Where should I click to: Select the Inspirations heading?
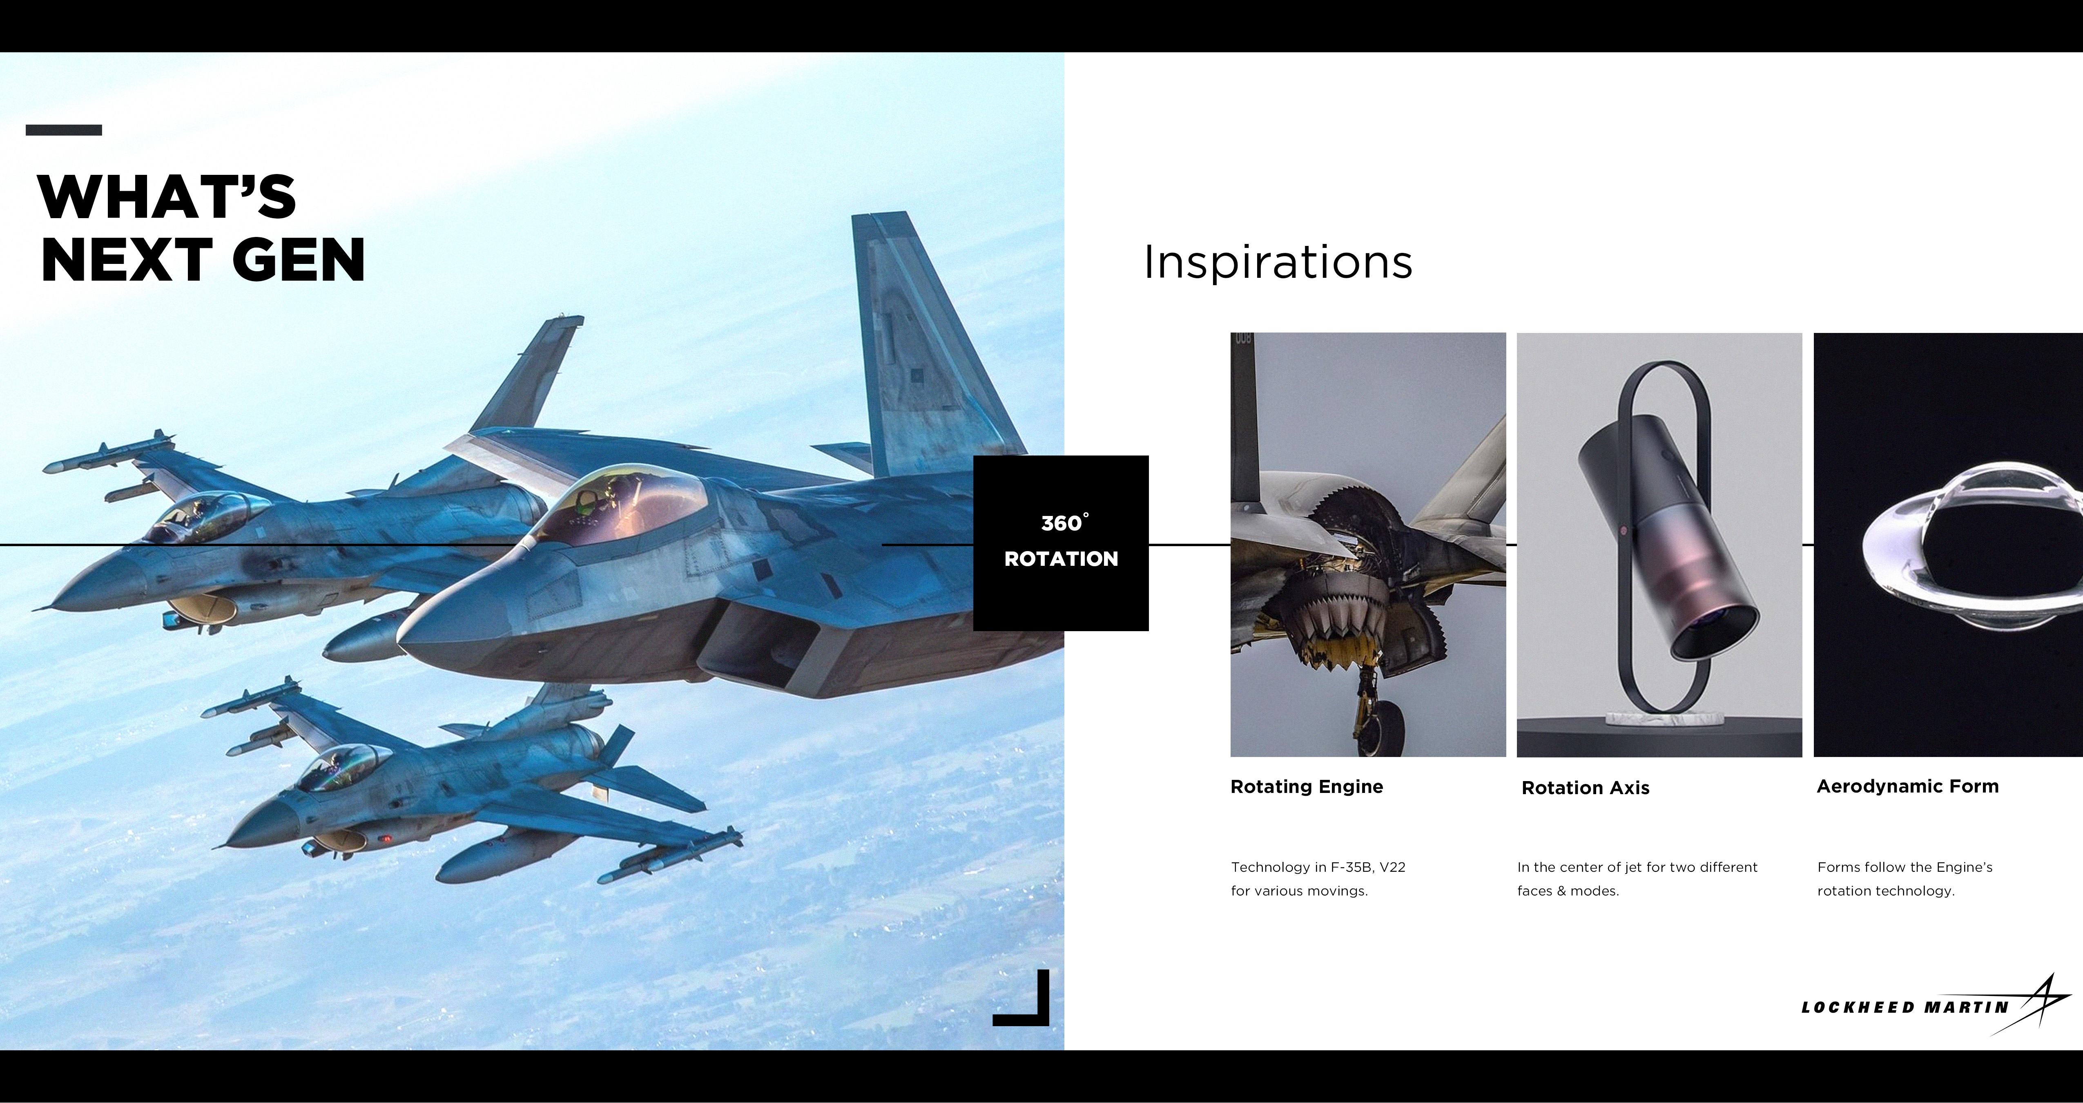(x=1278, y=263)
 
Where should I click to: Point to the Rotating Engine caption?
(x=1306, y=787)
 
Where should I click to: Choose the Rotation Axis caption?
(x=1585, y=788)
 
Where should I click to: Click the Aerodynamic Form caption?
(x=1907, y=786)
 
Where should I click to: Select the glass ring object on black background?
(x=1973, y=550)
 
